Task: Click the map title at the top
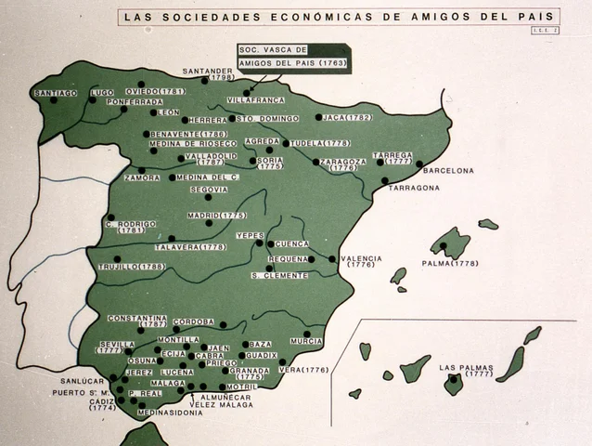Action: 338,17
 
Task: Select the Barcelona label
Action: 448,171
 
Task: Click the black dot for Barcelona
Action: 419,164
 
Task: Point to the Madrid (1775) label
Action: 216,216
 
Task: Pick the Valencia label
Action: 361,259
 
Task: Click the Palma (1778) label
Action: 449,263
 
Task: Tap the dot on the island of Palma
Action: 444,246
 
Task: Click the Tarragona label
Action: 414,188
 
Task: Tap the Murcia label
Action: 306,342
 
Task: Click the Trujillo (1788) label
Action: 131,267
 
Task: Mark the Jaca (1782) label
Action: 348,118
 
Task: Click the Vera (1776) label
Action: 304,370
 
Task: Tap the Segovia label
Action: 208,190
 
